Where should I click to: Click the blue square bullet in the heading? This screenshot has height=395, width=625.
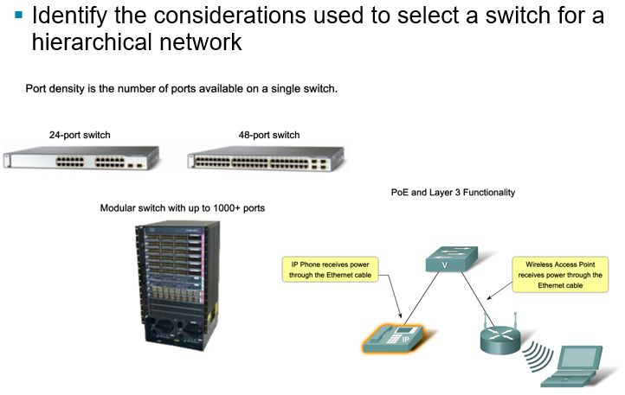[18, 15]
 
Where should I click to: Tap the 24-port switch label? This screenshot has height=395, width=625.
[80, 135]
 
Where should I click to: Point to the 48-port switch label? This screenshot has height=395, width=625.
[269, 135]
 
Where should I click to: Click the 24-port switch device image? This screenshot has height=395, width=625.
[81, 160]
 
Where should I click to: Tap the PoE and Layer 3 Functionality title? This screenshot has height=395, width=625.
[453, 193]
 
